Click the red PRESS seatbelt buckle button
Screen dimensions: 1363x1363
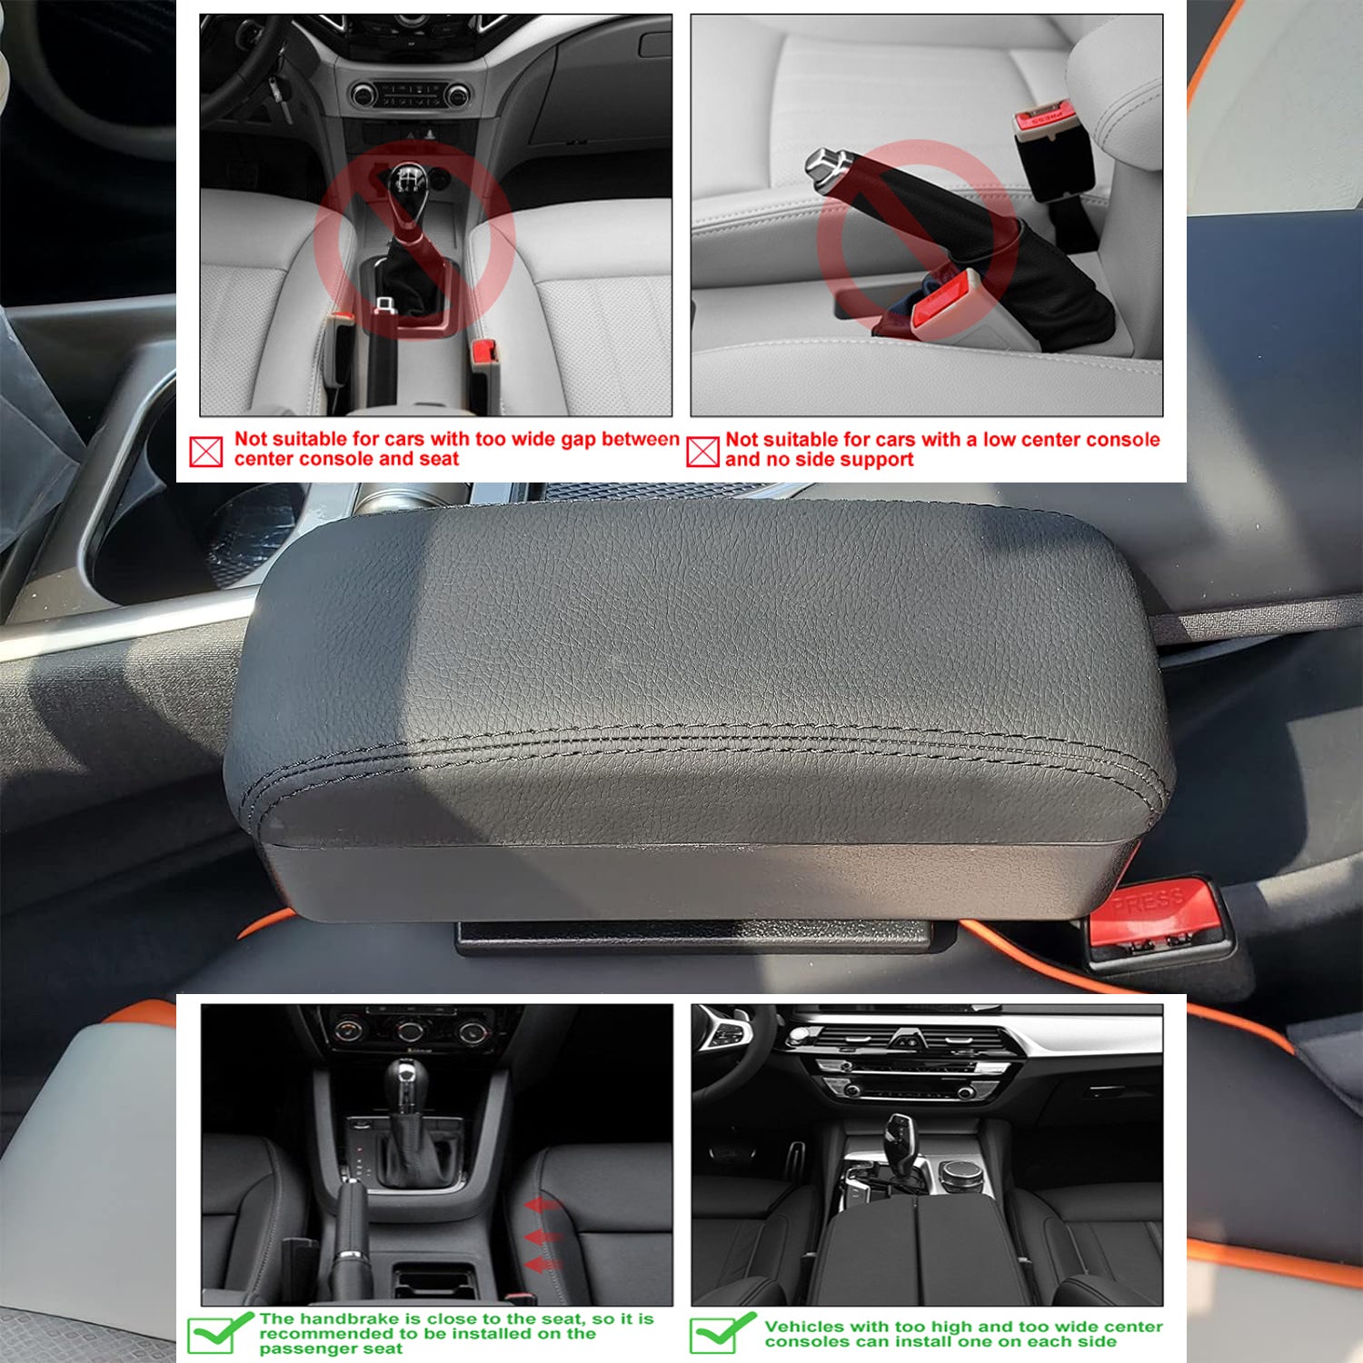(x=1152, y=910)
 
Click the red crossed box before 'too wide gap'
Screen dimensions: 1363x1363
(x=206, y=451)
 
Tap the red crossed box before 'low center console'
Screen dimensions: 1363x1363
(x=702, y=451)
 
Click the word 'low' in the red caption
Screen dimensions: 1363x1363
(x=999, y=440)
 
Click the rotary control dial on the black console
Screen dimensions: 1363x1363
(x=960, y=1174)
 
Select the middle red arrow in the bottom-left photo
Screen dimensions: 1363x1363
(x=542, y=1238)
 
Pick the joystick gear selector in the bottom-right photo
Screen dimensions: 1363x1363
(x=900, y=1141)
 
